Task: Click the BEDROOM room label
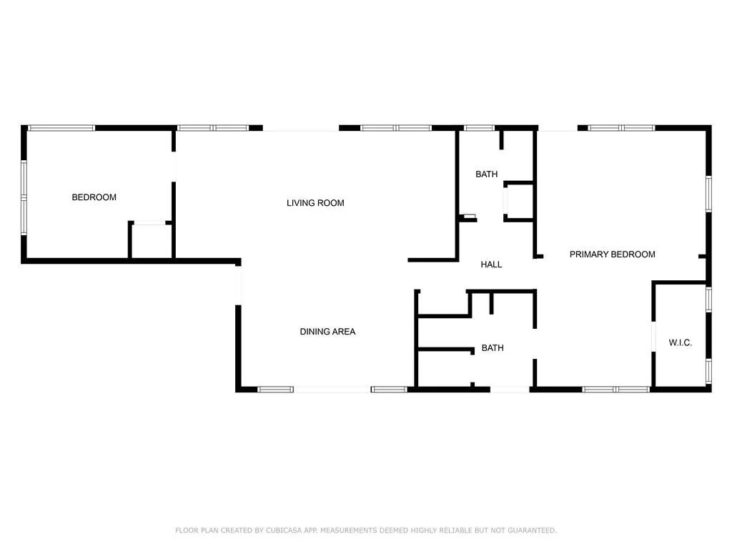coord(94,197)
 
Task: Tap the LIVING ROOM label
coord(315,203)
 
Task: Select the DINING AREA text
coord(327,332)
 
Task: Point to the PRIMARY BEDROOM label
coord(612,254)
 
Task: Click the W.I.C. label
coord(680,343)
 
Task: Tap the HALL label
coord(491,264)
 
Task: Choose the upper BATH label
coord(486,174)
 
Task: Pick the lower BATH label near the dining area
coord(492,348)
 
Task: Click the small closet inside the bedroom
coord(150,241)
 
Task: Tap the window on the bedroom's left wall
coord(24,197)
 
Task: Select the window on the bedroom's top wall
coord(61,128)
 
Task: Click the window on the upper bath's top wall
coord(479,128)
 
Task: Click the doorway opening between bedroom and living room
coord(174,166)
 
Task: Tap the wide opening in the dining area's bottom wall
coord(332,390)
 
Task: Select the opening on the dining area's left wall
coord(238,285)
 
